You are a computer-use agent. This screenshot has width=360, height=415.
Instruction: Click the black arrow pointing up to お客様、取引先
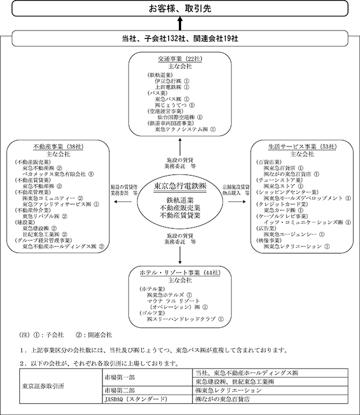179,24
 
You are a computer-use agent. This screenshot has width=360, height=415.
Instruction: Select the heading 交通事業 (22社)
179,59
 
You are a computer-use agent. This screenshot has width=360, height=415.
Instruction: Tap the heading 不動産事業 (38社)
59,146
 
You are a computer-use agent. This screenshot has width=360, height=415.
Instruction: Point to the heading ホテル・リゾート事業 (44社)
179,273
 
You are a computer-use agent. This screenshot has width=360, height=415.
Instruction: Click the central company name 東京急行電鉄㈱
181,186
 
